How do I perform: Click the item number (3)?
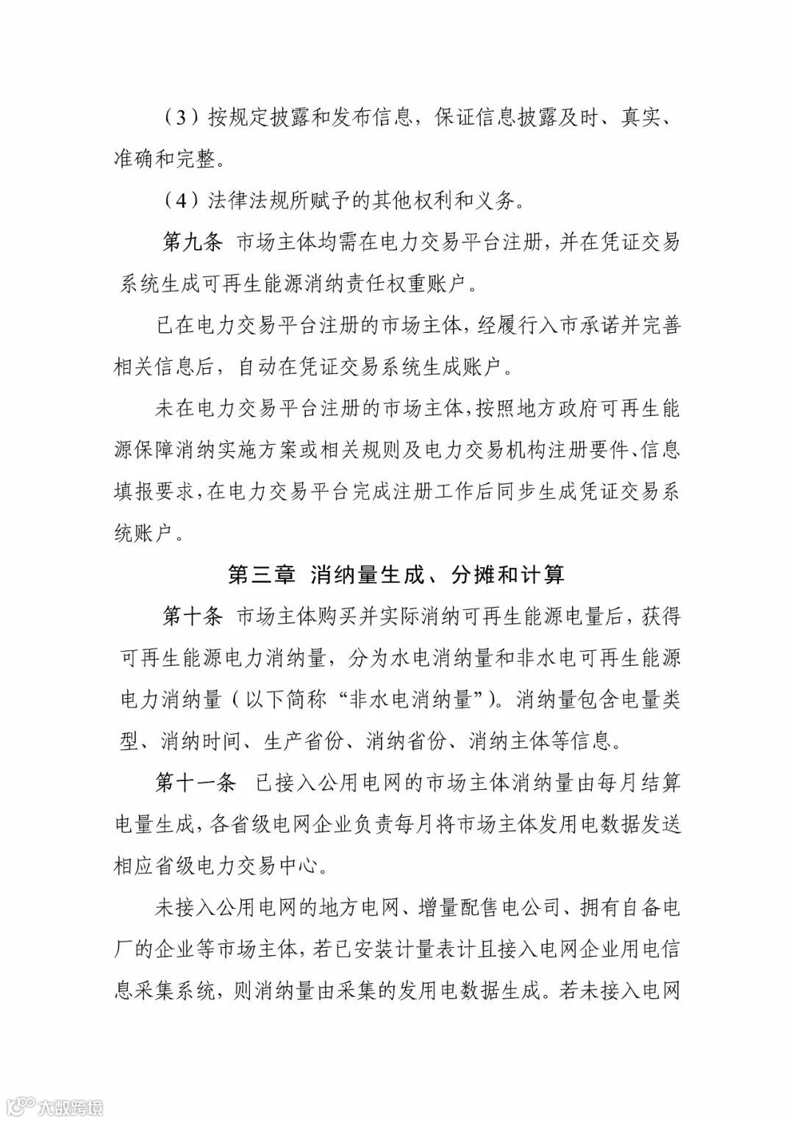coord(179,117)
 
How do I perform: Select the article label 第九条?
coord(192,242)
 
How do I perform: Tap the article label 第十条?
coord(192,616)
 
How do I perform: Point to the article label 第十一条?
coord(196,782)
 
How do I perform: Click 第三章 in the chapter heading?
coord(261,574)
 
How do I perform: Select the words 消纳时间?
coord(201,741)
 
